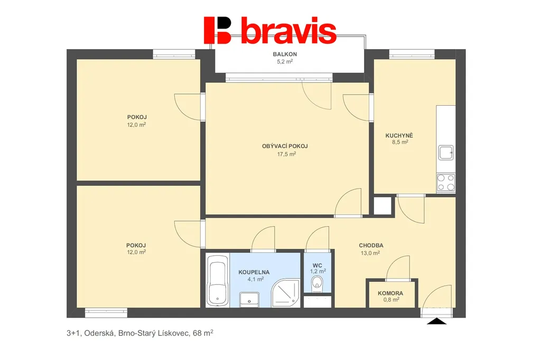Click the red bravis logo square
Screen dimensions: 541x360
[x=217, y=30]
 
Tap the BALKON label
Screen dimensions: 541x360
[x=285, y=54]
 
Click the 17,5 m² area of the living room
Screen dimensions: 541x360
[x=286, y=154]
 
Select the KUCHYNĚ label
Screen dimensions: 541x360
[x=399, y=135]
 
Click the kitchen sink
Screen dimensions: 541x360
[x=445, y=153]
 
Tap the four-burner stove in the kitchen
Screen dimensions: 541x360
[x=446, y=182]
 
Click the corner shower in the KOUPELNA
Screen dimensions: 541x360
[x=286, y=293]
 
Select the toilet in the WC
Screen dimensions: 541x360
[x=317, y=284]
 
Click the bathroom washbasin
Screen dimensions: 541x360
[x=249, y=299]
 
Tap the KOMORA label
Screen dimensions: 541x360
[x=390, y=293]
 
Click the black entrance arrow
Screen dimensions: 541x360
[x=437, y=321]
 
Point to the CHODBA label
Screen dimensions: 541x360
[x=371, y=245]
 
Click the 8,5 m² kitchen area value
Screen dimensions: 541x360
[x=400, y=142]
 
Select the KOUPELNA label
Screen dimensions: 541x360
[x=254, y=272]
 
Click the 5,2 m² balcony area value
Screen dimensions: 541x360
[x=285, y=61]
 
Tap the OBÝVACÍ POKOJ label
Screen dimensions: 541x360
[x=285, y=146]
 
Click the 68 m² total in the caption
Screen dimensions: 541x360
[x=203, y=333]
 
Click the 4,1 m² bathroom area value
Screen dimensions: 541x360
[x=255, y=279]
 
